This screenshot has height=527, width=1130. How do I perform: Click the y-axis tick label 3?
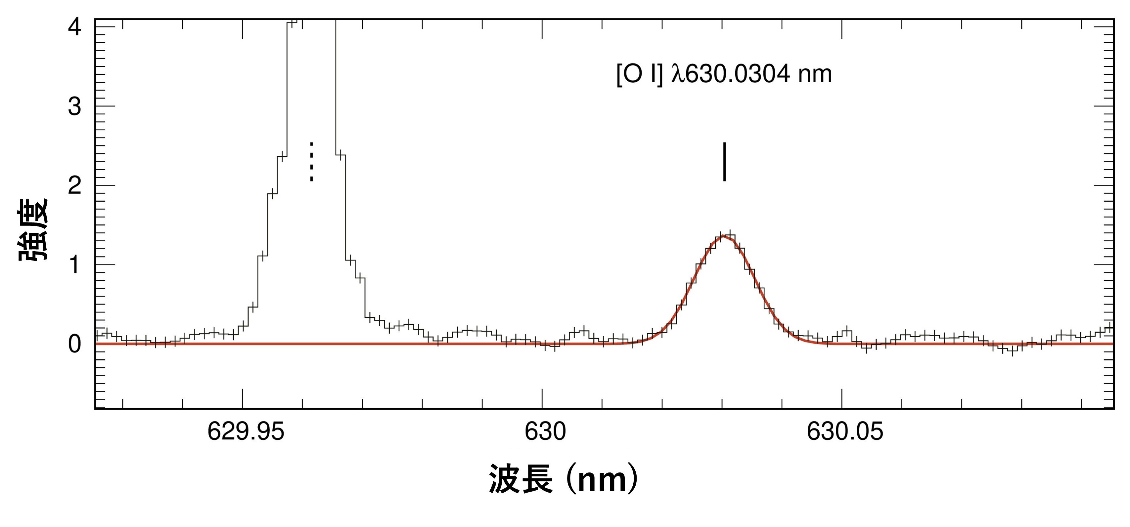[74, 106]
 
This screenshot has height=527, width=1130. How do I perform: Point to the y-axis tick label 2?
[74, 186]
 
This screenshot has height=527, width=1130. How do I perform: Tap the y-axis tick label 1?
[74, 265]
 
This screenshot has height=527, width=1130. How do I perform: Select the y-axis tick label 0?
[74, 344]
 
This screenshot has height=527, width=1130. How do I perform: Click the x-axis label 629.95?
[246, 432]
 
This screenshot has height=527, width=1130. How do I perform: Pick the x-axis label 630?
[545, 432]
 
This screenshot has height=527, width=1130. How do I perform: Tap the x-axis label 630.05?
[845, 432]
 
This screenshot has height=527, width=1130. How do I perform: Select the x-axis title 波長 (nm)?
[564, 479]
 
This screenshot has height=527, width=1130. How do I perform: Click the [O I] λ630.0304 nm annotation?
[724, 74]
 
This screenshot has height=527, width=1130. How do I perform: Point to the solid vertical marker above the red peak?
[724, 161]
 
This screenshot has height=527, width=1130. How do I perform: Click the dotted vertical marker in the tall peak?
[311, 161]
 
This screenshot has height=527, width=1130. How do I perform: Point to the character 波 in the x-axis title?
[505, 479]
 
